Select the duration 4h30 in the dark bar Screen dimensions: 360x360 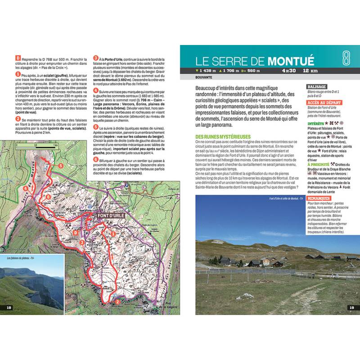pos(289,71)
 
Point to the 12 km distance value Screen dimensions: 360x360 pos(310,71)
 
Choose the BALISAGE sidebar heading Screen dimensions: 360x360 pos(318,86)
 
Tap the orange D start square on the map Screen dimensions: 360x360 pos(76,233)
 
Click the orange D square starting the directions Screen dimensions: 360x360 pos(18,58)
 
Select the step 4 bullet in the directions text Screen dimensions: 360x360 pos(95,90)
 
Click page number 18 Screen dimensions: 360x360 pos(9,307)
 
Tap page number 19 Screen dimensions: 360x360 pos(351,307)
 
